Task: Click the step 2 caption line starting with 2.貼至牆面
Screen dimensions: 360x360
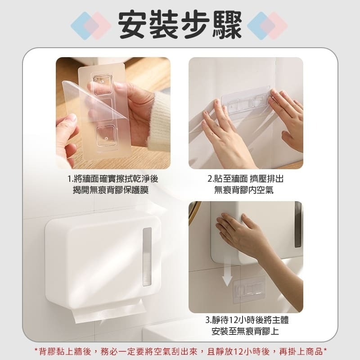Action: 245,179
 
